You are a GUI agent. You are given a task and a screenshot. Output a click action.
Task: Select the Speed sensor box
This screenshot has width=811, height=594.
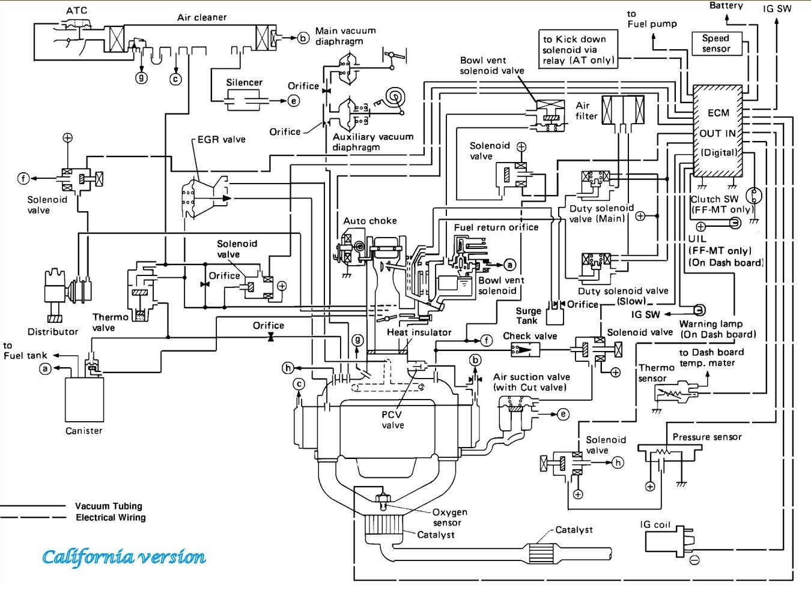(716, 43)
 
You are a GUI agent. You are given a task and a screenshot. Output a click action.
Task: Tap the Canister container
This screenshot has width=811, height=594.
(84, 399)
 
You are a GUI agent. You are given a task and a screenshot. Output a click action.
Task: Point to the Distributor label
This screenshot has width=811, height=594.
(53, 331)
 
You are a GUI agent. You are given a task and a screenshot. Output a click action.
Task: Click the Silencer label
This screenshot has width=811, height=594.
(244, 83)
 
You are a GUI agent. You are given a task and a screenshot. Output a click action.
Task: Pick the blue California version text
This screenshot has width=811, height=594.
(124, 557)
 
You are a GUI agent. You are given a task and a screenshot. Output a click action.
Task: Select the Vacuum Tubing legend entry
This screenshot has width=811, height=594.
(108, 506)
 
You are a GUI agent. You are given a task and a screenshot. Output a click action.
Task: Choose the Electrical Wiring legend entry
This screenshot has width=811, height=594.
(111, 517)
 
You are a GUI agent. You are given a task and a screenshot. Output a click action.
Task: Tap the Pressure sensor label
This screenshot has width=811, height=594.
(707, 437)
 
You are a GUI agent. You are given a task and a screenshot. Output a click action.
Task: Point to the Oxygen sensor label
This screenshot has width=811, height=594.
(449, 517)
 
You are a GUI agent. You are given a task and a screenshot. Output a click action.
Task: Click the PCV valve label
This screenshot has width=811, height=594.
(392, 420)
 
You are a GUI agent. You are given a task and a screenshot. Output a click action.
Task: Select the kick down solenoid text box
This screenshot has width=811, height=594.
(579, 49)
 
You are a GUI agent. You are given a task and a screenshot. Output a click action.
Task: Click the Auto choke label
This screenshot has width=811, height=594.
(370, 221)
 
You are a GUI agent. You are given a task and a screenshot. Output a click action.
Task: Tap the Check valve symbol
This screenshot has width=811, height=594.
(520, 349)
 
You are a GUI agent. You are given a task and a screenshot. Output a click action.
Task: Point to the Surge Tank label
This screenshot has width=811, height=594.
(528, 316)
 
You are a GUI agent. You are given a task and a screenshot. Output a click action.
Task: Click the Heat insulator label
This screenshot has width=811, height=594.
(419, 332)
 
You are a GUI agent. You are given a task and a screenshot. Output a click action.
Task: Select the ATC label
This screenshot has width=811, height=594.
(76, 10)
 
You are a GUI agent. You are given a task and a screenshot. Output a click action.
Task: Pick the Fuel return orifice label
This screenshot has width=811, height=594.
(496, 227)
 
